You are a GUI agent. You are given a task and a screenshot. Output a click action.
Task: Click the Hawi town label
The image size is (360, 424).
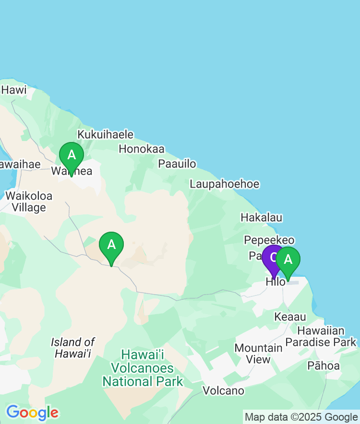14,90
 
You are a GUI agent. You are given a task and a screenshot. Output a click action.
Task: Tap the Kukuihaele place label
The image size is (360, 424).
106,134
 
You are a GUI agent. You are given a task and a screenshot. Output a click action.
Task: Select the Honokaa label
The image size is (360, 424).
141,149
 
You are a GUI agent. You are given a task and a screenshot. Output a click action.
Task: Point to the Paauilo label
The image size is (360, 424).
177,164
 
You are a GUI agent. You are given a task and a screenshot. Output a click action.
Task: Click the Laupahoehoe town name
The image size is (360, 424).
224,184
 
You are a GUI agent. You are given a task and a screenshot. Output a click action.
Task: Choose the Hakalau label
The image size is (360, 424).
261,218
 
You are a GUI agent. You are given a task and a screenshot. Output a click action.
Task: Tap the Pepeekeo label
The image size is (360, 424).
269,240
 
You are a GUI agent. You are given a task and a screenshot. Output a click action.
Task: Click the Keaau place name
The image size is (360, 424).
290,317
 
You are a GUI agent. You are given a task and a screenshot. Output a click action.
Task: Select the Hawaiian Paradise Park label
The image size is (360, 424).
321,336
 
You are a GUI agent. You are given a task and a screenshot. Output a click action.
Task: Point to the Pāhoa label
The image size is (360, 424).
323,366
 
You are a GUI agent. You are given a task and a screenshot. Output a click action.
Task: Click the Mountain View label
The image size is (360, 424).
258,353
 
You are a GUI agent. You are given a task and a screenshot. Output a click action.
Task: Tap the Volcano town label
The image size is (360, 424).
223,390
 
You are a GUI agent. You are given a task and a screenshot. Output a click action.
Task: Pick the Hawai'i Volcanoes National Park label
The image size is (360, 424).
143,368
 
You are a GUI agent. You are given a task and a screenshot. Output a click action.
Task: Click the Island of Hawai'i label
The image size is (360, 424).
73,348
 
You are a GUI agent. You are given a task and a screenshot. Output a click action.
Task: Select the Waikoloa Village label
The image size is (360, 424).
29,201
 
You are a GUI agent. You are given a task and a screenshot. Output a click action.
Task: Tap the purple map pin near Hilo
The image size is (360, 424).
272,257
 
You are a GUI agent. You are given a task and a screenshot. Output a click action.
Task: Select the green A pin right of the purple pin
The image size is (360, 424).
288,259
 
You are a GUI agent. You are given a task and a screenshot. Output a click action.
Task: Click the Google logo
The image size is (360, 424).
32,412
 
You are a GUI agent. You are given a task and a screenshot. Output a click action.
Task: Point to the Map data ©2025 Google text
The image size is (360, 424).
301,417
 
